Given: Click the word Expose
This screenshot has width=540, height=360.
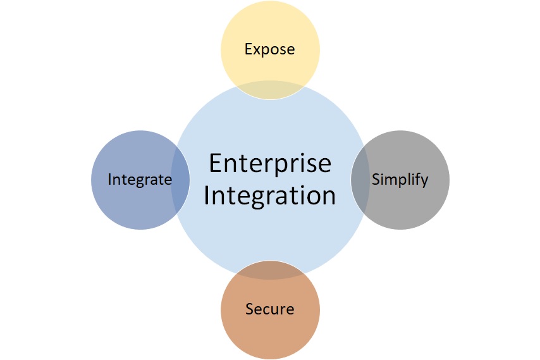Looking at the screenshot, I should [270, 49].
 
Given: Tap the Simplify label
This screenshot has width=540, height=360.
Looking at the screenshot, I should [400, 179].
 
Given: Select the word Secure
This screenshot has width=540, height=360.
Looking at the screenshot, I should [269, 309].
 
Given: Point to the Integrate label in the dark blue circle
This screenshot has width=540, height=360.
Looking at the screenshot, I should [140, 180].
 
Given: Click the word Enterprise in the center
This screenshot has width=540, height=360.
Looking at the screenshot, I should [270, 164].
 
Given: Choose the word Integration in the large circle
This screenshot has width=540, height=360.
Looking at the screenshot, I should [270, 196].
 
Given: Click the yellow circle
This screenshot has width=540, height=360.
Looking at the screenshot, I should [270, 32].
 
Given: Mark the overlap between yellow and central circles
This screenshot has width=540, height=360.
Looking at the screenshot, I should [270, 90].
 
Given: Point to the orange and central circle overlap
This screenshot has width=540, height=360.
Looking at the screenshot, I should [270, 269].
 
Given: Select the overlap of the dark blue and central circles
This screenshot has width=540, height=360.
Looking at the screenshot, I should [180, 180].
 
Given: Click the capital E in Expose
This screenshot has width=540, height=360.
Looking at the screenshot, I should [249, 49].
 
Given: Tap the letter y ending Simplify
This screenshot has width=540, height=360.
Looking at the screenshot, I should [424, 181].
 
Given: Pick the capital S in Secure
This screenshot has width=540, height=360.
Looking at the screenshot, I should [249, 309].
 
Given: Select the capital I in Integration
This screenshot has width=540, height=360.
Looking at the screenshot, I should [207, 196].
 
